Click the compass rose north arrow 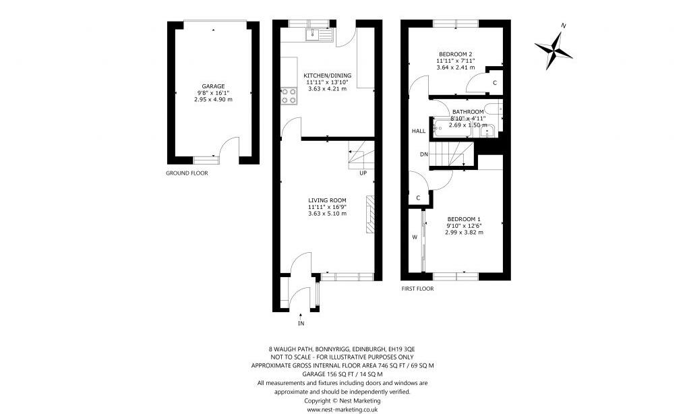click(554, 47)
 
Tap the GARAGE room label click(213, 86)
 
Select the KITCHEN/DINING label click(327, 76)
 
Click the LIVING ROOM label click(327, 200)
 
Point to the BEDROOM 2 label click(456, 54)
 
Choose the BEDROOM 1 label click(464, 219)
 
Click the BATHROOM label click(467, 112)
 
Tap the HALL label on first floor click(418, 131)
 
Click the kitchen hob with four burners click(289, 96)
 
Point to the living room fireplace click(369, 214)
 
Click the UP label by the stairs click(363, 173)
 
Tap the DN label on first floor click(423, 154)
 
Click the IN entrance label click(301, 324)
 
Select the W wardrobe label click(415, 237)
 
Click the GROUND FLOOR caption click(187, 173)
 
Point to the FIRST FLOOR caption click(417, 289)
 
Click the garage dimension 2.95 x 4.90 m click(213, 100)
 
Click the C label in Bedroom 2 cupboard click(494, 82)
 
